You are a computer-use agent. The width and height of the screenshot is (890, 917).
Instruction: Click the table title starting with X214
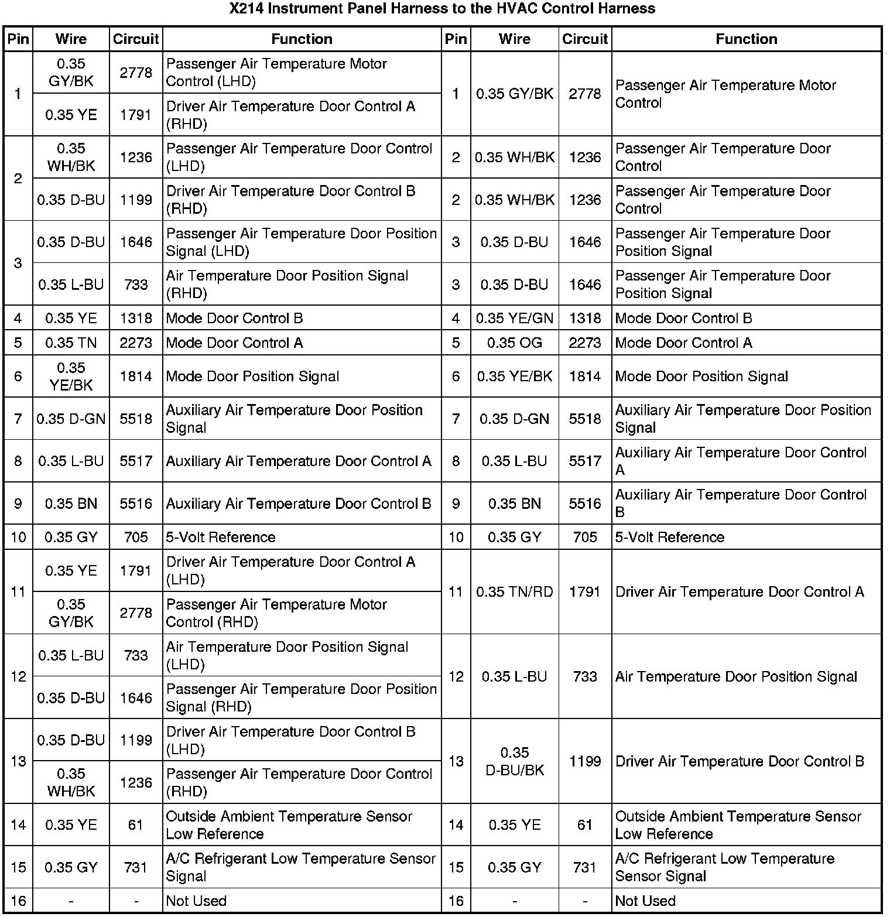point(442,9)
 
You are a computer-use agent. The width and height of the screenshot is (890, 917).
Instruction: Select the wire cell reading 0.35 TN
point(71,343)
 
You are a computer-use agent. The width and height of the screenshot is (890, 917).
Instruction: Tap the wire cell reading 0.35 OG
point(514,343)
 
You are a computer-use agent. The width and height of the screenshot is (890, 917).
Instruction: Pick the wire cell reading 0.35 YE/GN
point(514,318)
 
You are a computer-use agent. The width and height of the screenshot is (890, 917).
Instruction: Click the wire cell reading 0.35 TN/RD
point(514,592)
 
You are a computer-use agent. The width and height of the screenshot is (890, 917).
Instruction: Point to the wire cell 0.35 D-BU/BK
point(514,761)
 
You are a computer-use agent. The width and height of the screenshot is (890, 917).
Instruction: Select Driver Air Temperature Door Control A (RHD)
point(290,115)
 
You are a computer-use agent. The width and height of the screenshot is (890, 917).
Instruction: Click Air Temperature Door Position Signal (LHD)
point(287,655)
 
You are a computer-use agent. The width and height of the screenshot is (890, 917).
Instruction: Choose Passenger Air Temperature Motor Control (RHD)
point(276,613)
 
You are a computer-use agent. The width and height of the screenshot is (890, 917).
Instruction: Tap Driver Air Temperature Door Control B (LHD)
point(290,740)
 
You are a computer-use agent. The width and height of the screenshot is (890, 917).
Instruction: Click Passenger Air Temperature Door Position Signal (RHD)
point(301,697)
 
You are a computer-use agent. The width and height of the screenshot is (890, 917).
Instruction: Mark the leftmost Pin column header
point(18,39)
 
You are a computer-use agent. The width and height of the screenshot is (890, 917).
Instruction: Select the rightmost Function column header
point(746,39)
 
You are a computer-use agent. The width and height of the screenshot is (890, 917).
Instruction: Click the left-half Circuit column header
point(136,39)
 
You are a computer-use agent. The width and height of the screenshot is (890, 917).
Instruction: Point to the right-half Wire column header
point(514,39)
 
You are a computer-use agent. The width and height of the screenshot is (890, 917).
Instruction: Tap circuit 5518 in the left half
point(136,419)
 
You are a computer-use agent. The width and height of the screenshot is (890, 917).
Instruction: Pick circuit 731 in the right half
point(585,867)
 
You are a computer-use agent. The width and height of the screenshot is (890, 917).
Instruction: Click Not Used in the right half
point(645,901)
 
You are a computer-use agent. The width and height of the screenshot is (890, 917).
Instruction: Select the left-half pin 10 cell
point(18,537)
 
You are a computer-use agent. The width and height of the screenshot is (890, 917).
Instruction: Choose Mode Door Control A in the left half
point(234,343)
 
